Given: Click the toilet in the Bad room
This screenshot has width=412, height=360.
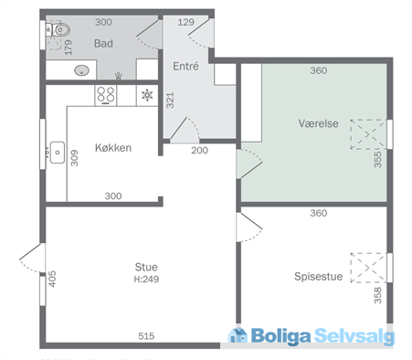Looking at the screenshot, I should click(58, 31).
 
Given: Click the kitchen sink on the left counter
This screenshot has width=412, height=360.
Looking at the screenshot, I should click(57, 150).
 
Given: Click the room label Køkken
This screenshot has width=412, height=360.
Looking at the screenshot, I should click(113, 149).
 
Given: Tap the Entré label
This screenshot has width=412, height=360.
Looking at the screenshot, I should click(186, 66).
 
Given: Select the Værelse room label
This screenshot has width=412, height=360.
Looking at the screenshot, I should click(317, 122).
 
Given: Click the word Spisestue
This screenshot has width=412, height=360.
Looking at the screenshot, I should click(319, 276).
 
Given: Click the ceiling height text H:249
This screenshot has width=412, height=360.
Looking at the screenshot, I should click(146, 279).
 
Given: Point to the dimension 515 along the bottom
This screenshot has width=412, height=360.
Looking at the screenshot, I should click(146, 336).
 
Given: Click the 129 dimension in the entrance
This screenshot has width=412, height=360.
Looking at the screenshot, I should click(185, 21).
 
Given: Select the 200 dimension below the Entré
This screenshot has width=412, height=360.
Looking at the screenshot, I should click(200, 149).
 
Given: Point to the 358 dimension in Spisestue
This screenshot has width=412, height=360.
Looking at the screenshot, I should click(377, 294).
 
